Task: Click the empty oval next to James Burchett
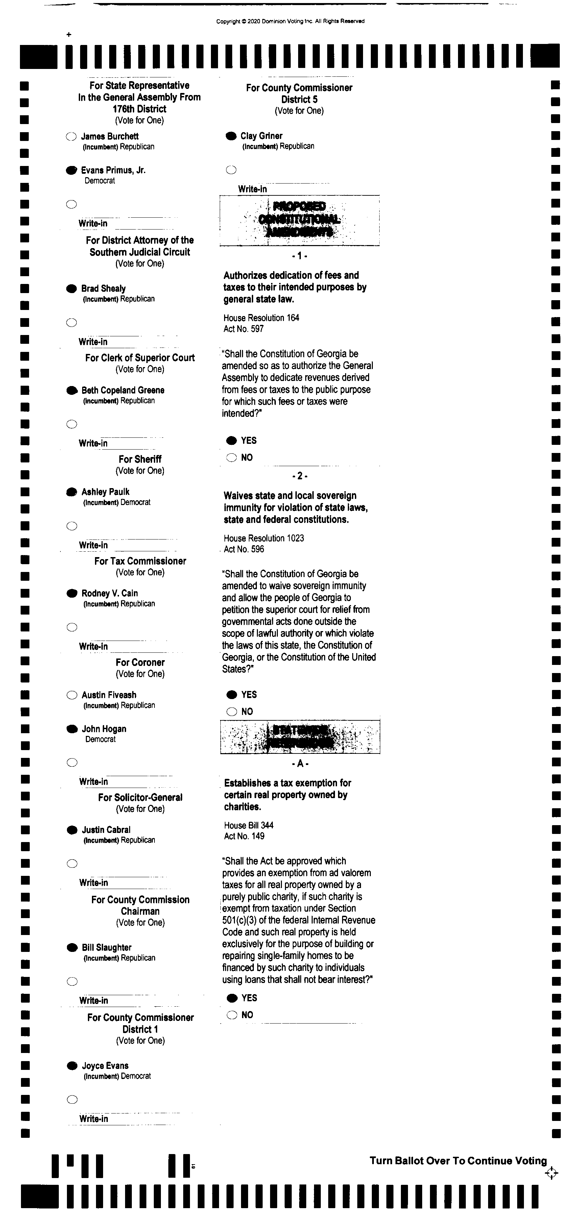pyautogui.click(x=71, y=137)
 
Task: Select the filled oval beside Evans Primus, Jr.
pyautogui.click(x=71, y=170)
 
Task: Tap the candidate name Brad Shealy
pyautogui.click(x=103, y=288)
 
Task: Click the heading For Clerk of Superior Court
pyautogui.click(x=140, y=358)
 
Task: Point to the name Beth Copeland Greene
pyautogui.click(x=123, y=390)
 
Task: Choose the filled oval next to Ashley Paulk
pyautogui.click(x=72, y=492)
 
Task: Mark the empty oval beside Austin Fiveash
pyautogui.click(x=72, y=695)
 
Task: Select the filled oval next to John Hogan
pyautogui.click(x=72, y=729)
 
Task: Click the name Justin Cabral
pyautogui.click(x=106, y=830)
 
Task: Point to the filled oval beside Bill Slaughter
pyautogui.click(x=72, y=947)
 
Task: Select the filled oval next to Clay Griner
pyautogui.click(x=231, y=136)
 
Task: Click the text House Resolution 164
pyautogui.click(x=261, y=318)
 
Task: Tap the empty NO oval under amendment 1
pyautogui.click(x=232, y=458)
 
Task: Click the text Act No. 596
pyautogui.click(x=244, y=549)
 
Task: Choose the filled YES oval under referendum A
pyautogui.click(x=232, y=998)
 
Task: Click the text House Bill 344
pyautogui.click(x=249, y=825)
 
